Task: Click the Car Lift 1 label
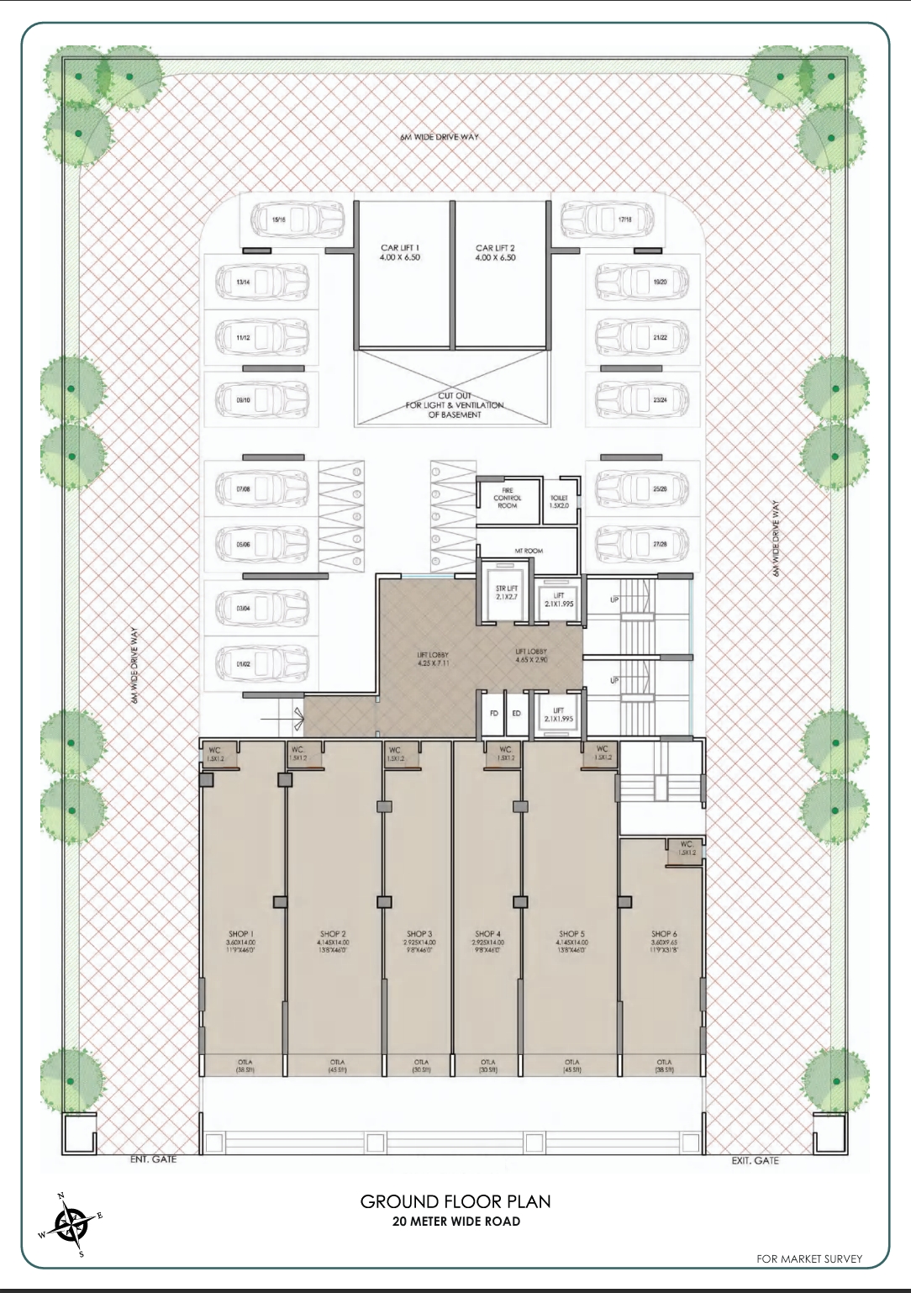point(400,253)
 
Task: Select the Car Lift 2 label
point(495,253)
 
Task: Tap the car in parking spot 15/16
point(298,220)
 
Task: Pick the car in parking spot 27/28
point(642,544)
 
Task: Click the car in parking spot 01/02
point(261,664)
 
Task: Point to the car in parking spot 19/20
point(642,282)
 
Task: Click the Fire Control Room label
point(507,499)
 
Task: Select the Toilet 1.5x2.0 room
point(559,502)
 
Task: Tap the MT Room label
point(529,551)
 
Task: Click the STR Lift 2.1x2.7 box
point(507,593)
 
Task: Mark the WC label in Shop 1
point(215,751)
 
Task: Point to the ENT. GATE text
point(153,1159)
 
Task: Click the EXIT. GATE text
point(755,1160)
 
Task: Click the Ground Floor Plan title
point(455,1201)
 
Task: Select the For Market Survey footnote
point(808,1259)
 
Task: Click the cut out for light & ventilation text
point(455,405)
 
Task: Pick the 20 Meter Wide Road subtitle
point(455,1222)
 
